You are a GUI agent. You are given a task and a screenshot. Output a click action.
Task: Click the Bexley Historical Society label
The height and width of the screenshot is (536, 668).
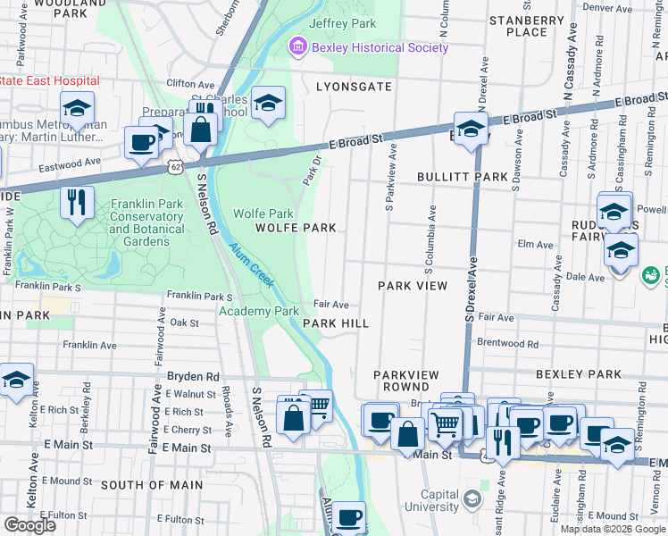pos(379,46)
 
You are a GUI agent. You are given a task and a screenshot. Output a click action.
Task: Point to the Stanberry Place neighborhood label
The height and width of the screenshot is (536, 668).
pos(526,26)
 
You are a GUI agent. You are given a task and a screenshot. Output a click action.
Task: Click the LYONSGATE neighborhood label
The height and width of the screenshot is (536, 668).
pos(354,86)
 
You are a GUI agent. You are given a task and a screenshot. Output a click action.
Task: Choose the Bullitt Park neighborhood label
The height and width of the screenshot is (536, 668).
pos(463,177)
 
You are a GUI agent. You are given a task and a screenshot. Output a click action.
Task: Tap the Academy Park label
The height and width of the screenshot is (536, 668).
pos(259,311)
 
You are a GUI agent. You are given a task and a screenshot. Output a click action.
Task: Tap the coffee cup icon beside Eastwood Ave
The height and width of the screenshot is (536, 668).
pos(141,143)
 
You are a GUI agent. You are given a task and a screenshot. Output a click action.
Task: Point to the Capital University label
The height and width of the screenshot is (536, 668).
pos(427,501)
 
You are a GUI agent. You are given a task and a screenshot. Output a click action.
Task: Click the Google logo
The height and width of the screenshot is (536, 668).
pos(29,525)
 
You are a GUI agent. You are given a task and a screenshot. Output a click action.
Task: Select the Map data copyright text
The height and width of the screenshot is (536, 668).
pos(613,529)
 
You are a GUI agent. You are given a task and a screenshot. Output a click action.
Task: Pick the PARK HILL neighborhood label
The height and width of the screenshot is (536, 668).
pos(336,323)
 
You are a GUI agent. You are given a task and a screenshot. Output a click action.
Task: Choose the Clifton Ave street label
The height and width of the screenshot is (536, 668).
pos(191,83)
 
